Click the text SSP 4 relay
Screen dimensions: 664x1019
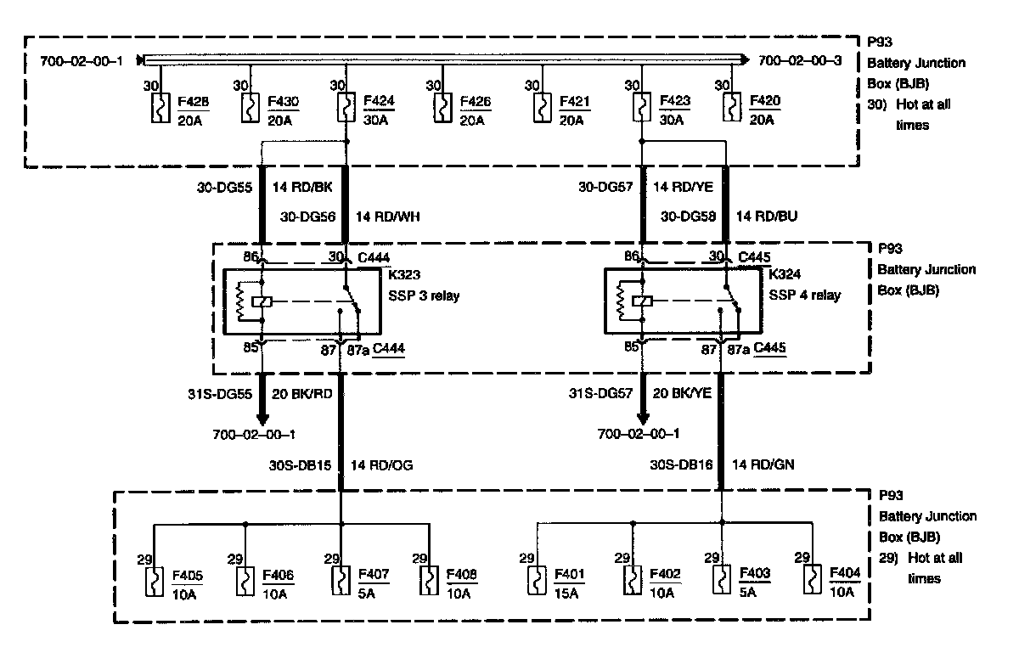pyautogui.click(x=804, y=295)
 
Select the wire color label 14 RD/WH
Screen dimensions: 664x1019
pyautogui.click(x=387, y=217)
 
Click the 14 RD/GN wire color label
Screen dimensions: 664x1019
pyautogui.click(x=763, y=464)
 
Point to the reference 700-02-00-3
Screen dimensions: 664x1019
pyautogui.click(x=799, y=60)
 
